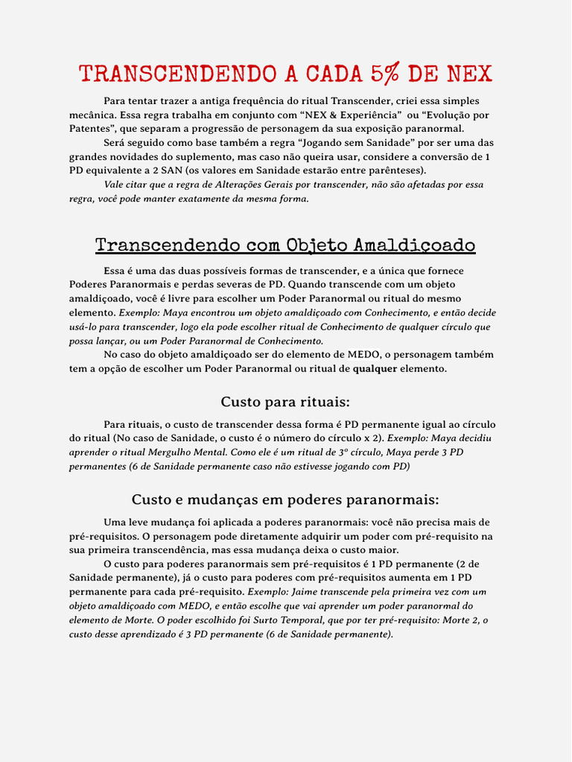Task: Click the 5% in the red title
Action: pyautogui.click(x=384, y=74)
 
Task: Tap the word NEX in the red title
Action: pyautogui.click(x=469, y=74)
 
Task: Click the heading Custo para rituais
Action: pyautogui.click(x=285, y=402)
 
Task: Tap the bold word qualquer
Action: pyautogui.click(x=375, y=368)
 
